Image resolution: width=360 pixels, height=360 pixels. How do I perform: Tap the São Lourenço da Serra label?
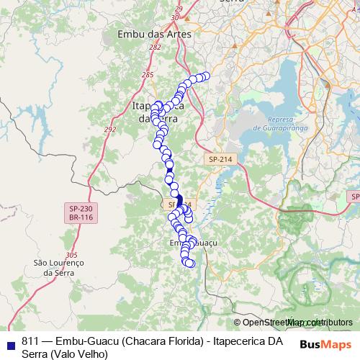point(60,268)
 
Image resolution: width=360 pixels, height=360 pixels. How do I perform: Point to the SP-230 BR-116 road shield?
point(74,212)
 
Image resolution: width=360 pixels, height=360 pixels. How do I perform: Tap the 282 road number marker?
point(155,47)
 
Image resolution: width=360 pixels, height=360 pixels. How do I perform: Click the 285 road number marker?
point(148,75)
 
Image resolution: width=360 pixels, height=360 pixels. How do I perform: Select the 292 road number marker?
point(109,130)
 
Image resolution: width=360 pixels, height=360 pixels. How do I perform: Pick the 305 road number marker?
point(71,255)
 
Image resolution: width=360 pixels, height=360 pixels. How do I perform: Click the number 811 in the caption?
point(30,341)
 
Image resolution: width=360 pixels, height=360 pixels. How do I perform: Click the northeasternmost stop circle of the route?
point(205,76)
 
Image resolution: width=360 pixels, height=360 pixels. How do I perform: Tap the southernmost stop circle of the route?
point(191,264)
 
